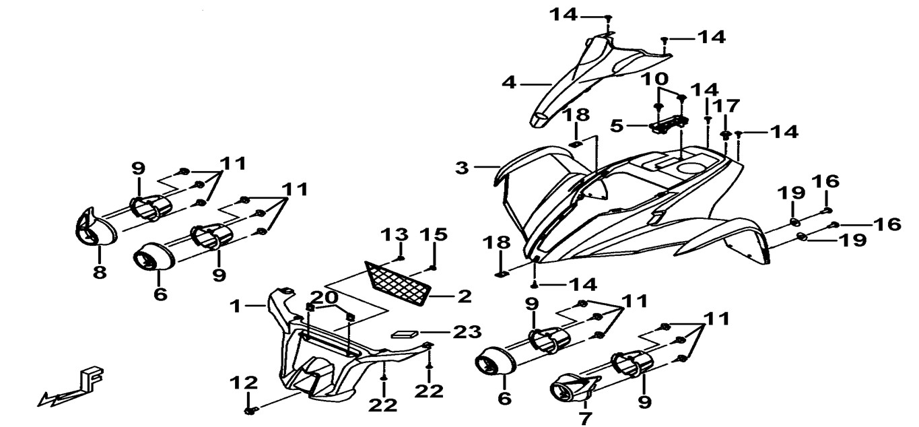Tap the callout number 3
(x=461, y=167)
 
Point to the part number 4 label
(x=509, y=83)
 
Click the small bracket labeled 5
(x=669, y=124)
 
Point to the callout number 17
(x=726, y=106)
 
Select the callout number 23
(x=467, y=331)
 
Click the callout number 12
(x=244, y=383)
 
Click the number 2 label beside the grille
(x=464, y=296)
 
